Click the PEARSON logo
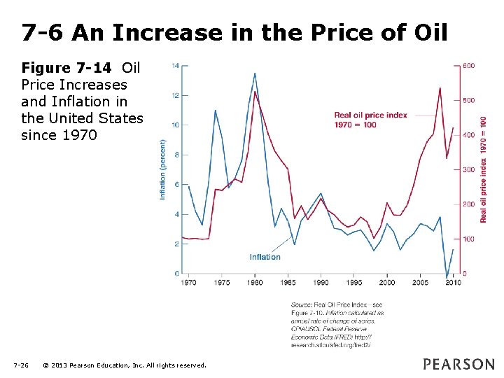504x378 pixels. [x=458, y=364]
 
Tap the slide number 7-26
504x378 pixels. [x=21, y=365]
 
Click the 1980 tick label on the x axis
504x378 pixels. [x=255, y=283]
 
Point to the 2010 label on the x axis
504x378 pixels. [x=454, y=283]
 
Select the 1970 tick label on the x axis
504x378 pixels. [x=188, y=283]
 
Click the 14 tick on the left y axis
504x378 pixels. [x=175, y=66]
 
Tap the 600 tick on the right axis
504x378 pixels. [x=469, y=66]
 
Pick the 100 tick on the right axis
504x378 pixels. [x=469, y=239]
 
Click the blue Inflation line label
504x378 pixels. [x=265, y=257]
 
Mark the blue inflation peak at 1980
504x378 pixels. [x=255, y=73]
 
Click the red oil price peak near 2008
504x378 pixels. [x=440, y=88]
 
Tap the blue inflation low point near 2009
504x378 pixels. [x=447, y=276]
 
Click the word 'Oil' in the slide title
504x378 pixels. [x=426, y=32]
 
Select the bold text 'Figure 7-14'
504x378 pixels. [x=66, y=69]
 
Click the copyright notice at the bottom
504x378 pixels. [x=124, y=365]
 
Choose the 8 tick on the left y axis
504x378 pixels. [x=176, y=155]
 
